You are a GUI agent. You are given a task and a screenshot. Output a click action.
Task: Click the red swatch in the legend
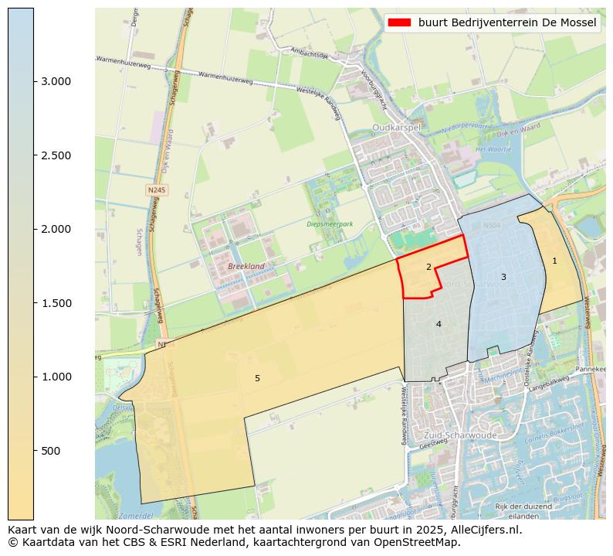[399, 22]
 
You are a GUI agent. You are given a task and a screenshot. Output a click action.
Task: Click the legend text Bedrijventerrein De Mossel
[507, 22]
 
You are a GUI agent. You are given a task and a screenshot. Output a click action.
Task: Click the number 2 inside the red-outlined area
[428, 267]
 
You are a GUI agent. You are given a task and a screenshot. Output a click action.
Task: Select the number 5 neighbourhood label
[257, 378]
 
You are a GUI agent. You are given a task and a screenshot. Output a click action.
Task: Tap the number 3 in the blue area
[503, 277]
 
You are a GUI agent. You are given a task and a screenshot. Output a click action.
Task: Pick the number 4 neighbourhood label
[439, 324]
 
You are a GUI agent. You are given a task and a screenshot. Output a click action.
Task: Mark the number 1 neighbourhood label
[554, 261]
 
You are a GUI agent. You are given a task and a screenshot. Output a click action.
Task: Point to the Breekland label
[246, 266]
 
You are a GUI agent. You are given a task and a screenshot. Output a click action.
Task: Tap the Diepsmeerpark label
[330, 224]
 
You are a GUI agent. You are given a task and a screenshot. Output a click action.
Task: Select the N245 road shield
[157, 189]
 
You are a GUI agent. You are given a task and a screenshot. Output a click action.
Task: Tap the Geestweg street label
[433, 446]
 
